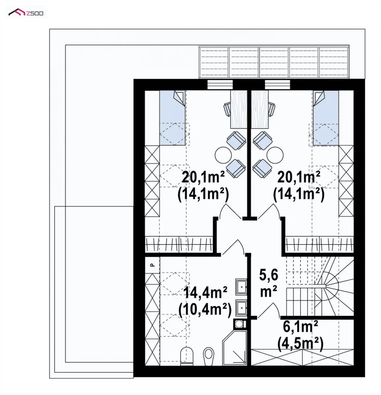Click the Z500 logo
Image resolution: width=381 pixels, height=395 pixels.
coord(26,13)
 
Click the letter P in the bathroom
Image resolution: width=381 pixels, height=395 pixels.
coord(152,265)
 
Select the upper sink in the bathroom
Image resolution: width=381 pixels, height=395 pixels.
coord(241,287)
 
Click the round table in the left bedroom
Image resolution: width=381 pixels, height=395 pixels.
coord(223,155)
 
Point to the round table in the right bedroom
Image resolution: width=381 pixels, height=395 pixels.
coord(275,155)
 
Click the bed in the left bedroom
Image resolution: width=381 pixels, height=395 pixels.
coord(173,118)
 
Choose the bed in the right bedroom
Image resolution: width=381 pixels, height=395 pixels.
coord(326,118)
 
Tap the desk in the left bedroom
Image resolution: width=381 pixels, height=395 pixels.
coord(239,109)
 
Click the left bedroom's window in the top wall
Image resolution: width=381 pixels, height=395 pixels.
coord(220,85)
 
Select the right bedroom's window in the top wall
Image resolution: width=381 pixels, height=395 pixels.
coord(277,85)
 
